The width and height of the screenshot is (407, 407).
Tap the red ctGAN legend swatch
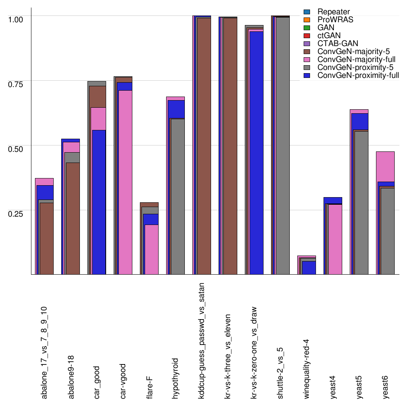pos(306,36)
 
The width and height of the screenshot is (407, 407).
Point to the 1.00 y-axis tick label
pos(17,19)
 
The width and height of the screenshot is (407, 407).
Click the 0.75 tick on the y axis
pos(17,83)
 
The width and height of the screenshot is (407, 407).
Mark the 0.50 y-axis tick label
pos(17,148)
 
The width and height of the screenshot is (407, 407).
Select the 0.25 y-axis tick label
pos(17,213)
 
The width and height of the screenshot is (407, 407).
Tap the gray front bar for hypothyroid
pos(178,196)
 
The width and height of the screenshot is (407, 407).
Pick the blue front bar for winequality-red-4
pos(309,267)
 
